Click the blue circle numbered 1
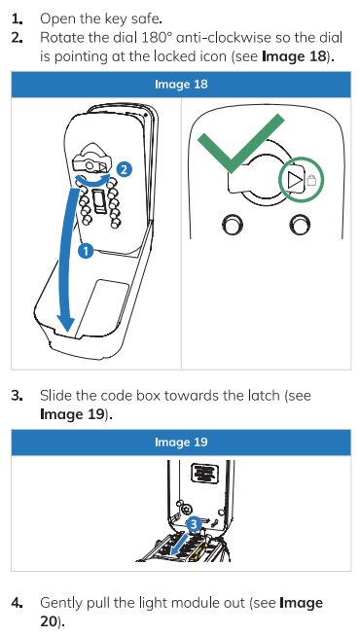pos(86,251)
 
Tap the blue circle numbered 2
pos(125,169)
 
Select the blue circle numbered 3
pos(194,524)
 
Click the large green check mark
pos(240,143)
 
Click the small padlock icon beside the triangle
pos(311,181)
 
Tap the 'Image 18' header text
pos(181,85)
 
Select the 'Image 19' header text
pos(181,442)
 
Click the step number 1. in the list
pos(18,18)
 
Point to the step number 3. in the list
pos(18,396)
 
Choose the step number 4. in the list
pos(18,603)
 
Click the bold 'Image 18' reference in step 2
pos(294,56)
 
